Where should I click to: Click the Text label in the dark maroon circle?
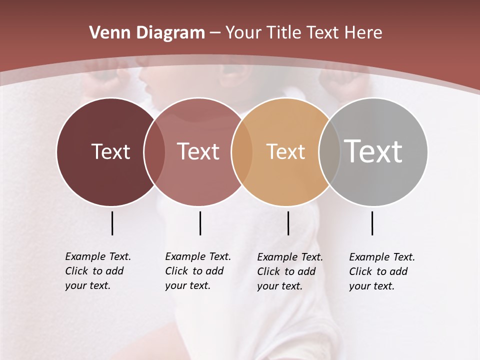110,151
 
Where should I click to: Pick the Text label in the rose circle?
198,151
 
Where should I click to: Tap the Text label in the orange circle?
285,152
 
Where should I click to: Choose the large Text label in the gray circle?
373,151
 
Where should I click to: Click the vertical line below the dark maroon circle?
112,223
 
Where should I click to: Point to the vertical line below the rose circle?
200,223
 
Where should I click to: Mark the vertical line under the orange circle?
288,223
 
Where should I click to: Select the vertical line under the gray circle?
372,223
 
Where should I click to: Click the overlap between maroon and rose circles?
154,151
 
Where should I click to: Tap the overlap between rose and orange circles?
242,151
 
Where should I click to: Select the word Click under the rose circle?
176,271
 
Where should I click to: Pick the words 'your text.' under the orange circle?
280,286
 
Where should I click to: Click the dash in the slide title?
215,33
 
